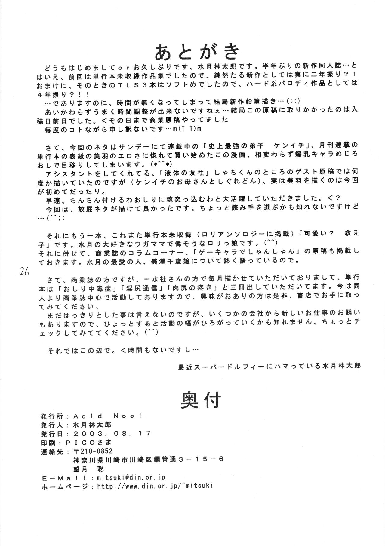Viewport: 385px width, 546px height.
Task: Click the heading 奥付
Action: (x=201, y=400)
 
